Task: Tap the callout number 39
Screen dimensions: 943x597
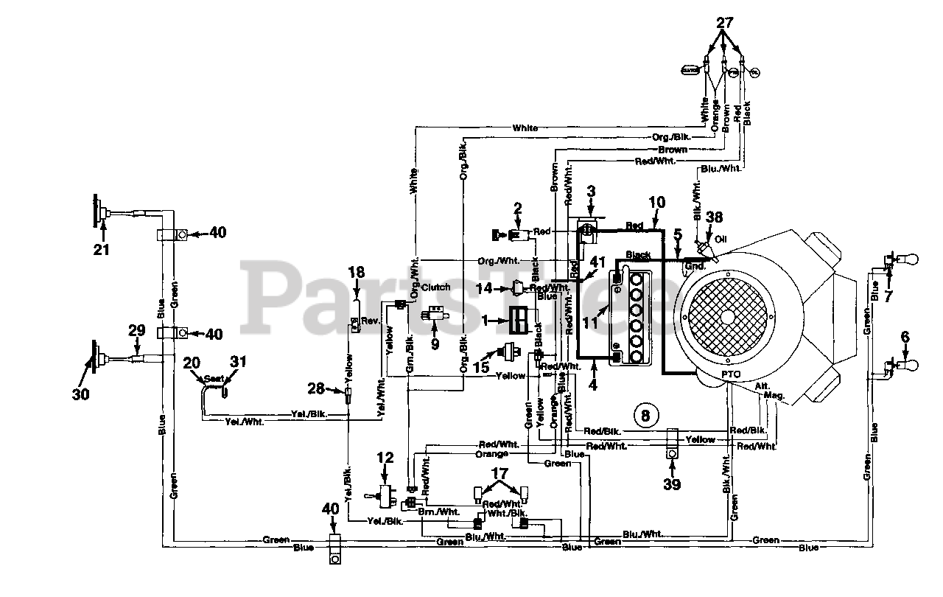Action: [x=671, y=483]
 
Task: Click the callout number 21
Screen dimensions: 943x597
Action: [x=101, y=250]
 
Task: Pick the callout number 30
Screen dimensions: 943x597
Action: [x=80, y=394]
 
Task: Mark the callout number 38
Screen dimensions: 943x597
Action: [x=713, y=218]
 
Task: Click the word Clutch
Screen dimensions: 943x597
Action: [x=435, y=287]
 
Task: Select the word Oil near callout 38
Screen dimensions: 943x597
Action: [x=721, y=238]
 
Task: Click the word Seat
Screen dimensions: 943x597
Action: [x=214, y=377]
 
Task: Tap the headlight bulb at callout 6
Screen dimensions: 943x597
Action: [x=911, y=364]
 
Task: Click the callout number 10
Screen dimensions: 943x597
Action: [x=656, y=200]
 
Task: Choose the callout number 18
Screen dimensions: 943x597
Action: [x=356, y=272]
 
